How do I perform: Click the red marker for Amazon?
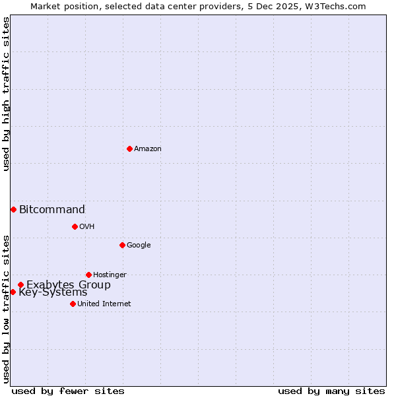click(x=129, y=148)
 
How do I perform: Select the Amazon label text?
click(x=148, y=149)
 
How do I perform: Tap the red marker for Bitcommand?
click(x=13, y=209)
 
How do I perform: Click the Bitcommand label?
click(x=52, y=210)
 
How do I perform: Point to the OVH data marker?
click(x=75, y=226)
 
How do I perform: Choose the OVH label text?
click(x=87, y=227)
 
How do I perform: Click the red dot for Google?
click(x=122, y=245)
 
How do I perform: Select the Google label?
click(x=139, y=246)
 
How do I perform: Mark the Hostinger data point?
click(x=88, y=275)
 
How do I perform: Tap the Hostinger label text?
click(x=110, y=275)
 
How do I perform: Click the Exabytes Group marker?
click(x=20, y=285)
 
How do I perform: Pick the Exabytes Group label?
click(x=69, y=285)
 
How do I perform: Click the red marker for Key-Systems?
click(x=13, y=292)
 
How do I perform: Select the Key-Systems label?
click(x=53, y=292)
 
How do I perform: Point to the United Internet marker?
click(x=73, y=304)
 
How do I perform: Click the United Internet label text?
click(x=104, y=304)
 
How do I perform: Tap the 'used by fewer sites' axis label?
click(x=68, y=391)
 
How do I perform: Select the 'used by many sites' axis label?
click(x=331, y=391)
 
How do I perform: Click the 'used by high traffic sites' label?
click(x=6, y=94)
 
